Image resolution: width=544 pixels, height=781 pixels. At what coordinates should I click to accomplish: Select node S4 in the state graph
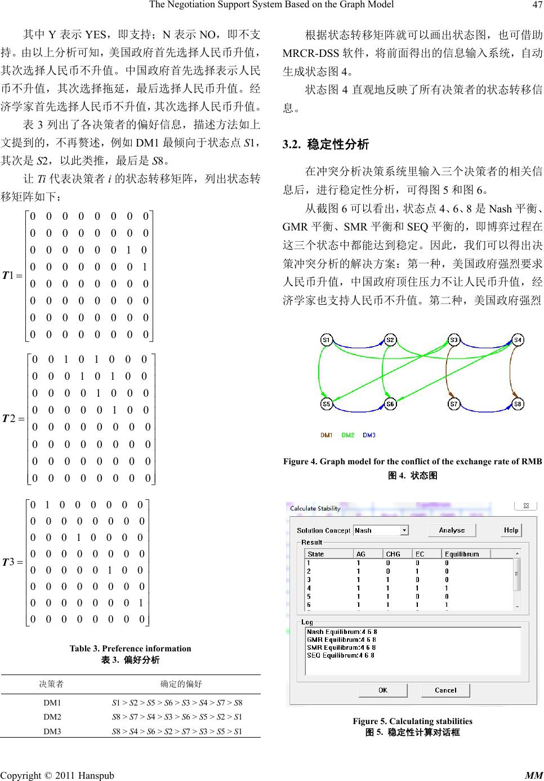click(518, 340)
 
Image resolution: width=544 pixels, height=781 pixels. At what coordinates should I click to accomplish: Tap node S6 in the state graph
click(390, 404)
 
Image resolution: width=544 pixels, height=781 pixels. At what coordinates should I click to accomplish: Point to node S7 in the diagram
click(454, 404)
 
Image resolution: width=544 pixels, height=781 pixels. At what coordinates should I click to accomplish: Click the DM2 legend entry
click(347, 435)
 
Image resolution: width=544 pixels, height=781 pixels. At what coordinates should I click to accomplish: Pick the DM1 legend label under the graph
click(327, 435)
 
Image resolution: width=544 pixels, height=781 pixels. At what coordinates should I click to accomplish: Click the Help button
click(511, 530)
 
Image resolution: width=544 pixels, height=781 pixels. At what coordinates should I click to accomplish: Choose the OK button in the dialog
click(382, 690)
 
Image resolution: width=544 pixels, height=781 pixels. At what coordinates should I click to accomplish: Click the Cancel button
click(445, 690)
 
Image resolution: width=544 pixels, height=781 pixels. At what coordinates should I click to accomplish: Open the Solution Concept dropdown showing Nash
click(381, 530)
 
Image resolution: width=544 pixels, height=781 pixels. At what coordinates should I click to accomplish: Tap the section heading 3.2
click(325, 145)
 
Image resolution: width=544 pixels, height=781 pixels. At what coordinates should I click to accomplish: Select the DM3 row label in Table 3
click(52, 731)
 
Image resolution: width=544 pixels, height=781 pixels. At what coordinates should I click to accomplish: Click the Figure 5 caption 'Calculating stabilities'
click(412, 721)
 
